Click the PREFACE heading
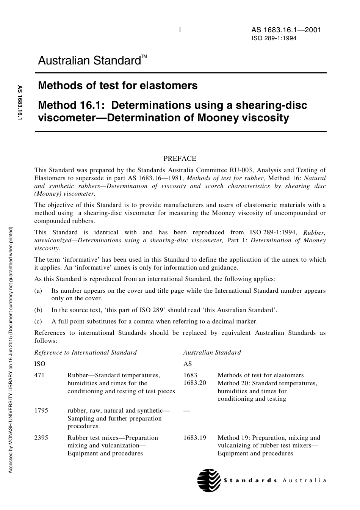180,158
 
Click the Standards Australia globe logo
209,480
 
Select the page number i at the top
180,30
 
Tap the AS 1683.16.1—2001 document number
286,30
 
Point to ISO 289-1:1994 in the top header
274,38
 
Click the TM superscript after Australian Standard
144,57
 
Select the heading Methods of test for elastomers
117,86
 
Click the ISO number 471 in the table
39,375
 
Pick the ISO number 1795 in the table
41,411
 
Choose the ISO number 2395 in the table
41,438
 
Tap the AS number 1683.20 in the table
194,383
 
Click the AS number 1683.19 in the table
194,438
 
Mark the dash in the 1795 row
186,411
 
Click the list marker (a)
38,291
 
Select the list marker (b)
38,310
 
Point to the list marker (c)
38,322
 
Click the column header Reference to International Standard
85,353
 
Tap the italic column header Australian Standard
212,353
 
